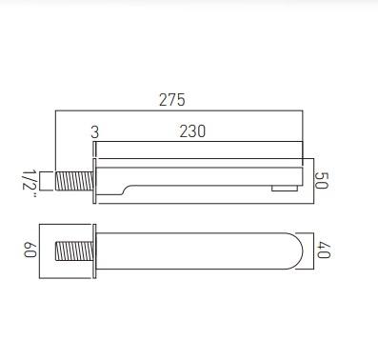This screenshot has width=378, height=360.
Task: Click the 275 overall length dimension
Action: [171, 100]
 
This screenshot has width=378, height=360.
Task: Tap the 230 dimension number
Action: [192, 131]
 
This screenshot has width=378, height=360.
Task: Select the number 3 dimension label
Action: [94, 131]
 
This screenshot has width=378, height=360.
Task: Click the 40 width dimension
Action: [323, 251]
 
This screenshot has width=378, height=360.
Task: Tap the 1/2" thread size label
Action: [29, 181]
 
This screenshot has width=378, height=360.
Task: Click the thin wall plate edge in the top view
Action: [93, 252]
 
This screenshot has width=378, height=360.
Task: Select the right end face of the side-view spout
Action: [303, 176]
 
